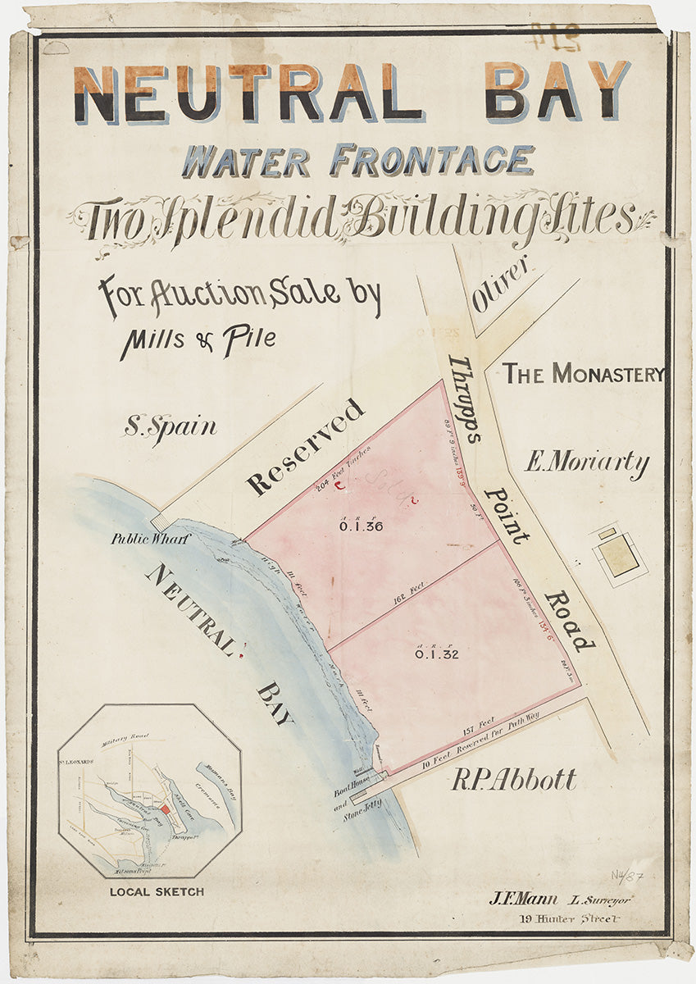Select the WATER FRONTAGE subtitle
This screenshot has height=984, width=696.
(358, 160)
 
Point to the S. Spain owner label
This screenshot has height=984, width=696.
(171, 427)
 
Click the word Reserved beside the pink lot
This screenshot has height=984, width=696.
(305, 447)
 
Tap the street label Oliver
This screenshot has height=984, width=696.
(502, 293)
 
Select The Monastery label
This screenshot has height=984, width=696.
(583, 374)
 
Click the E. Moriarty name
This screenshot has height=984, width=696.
(587, 463)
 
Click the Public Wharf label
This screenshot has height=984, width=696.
(151, 540)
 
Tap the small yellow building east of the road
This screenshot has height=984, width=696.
(618, 554)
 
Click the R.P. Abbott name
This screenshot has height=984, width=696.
(514, 780)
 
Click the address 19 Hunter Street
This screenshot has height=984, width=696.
(569, 918)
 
